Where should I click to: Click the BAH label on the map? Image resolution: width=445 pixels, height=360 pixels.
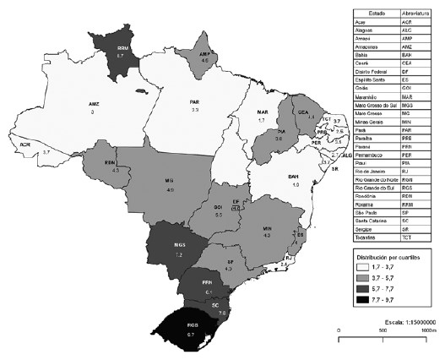[x=295, y=175]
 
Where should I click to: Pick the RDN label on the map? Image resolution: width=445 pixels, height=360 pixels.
[x=111, y=163]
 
